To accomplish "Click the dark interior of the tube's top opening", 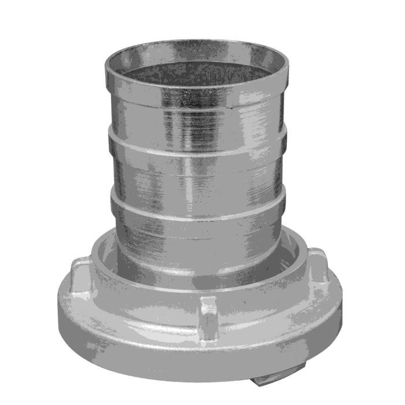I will click(x=197, y=69).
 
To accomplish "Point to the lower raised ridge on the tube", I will click(x=197, y=204).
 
